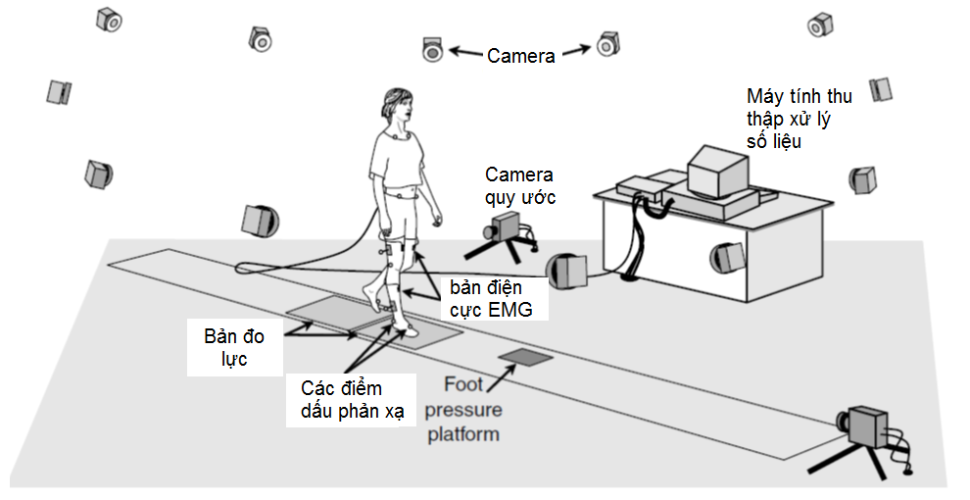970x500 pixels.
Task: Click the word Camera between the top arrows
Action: (521, 56)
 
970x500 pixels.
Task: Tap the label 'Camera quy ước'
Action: (519, 185)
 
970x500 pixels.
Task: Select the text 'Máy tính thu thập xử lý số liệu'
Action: (799, 118)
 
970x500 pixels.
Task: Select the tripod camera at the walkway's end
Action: (867, 427)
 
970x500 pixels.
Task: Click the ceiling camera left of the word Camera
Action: (432, 49)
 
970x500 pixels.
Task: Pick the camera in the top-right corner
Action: (820, 24)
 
